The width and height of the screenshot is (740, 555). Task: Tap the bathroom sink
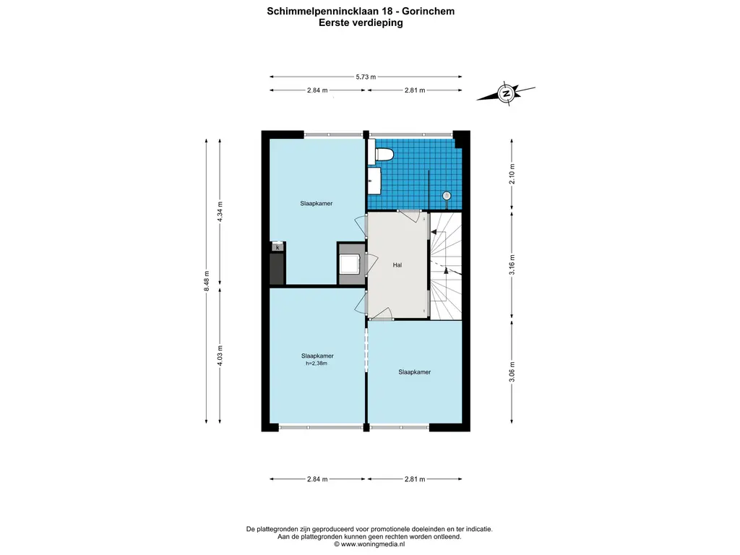(x=374, y=181)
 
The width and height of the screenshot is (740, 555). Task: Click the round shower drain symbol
(x=447, y=195)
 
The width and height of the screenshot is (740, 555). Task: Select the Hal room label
(x=397, y=265)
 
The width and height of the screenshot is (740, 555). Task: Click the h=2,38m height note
(x=317, y=363)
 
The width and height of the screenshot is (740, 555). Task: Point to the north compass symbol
(x=506, y=93)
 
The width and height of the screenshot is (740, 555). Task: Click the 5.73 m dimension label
(x=366, y=77)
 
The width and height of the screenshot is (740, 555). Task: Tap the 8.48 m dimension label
(x=207, y=281)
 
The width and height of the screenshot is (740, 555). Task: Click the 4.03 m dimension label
(x=220, y=356)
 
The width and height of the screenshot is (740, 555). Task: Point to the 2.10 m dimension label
(x=512, y=173)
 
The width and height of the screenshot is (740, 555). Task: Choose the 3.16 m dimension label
(x=512, y=264)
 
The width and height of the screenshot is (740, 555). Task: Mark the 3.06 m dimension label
(x=512, y=372)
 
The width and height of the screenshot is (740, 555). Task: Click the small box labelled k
(x=277, y=247)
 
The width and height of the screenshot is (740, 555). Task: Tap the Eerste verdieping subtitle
(x=361, y=22)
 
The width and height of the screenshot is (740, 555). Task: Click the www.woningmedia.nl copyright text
(x=369, y=544)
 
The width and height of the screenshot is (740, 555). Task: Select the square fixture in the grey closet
(x=350, y=264)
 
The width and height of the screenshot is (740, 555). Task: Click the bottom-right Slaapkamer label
(x=414, y=372)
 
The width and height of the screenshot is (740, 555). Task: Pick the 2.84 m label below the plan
(x=317, y=479)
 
